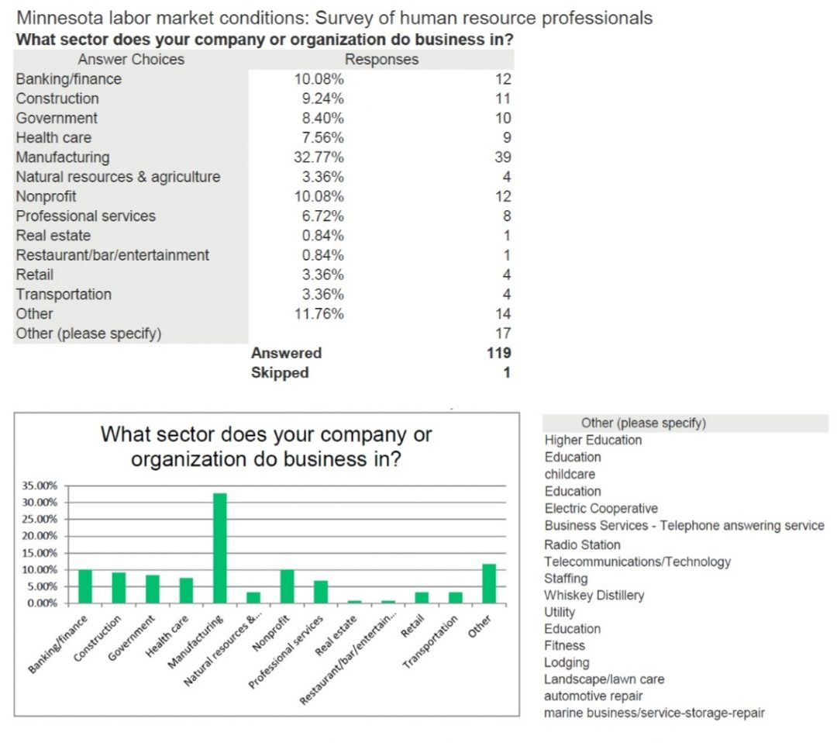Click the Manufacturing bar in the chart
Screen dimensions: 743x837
220,548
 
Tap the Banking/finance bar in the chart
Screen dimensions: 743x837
84,586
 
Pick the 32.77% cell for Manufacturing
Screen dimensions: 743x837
319,157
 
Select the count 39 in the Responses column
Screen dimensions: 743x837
502,157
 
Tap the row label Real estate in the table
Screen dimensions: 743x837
53,236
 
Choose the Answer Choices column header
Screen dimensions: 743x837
131,60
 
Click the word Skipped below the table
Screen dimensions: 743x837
280,372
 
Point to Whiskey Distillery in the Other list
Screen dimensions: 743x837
594,595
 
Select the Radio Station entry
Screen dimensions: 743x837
582,544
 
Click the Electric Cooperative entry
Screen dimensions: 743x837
601,508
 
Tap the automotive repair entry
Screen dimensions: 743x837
593,696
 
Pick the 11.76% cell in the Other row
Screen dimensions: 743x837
319,314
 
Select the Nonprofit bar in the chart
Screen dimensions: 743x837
288,586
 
